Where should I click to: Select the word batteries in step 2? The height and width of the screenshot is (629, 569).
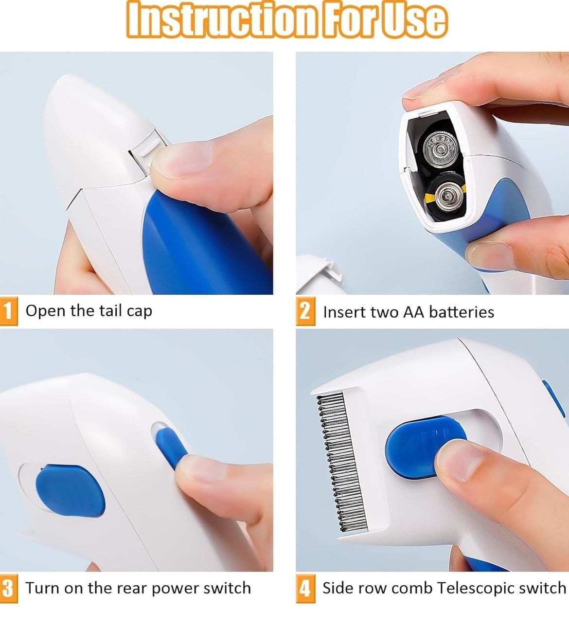coord(462,312)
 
